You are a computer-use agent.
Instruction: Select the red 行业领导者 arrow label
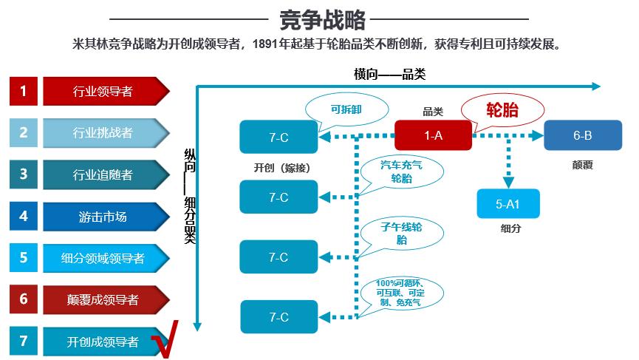click(x=103, y=92)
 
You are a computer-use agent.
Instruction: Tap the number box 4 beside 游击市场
click(x=24, y=217)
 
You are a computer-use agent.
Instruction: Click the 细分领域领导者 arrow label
click(x=103, y=258)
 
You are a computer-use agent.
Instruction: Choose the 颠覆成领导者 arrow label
click(x=103, y=299)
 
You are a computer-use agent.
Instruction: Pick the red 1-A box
click(x=433, y=135)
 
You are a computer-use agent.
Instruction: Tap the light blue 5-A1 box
click(x=508, y=204)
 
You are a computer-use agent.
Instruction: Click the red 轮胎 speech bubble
click(x=502, y=110)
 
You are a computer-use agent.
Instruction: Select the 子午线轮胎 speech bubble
click(x=401, y=233)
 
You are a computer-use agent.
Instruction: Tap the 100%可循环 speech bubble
click(x=400, y=293)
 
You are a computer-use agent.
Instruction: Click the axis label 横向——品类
click(x=389, y=73)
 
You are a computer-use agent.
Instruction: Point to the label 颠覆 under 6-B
click(x=582, y=165)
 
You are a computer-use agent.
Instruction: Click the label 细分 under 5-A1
click(x=510, y=228)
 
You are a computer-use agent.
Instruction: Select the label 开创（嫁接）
click(x=281, y=167)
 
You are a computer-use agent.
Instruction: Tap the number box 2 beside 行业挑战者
click(x=24, y=133)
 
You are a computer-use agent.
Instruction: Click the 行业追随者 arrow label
click(x=103, y=175)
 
